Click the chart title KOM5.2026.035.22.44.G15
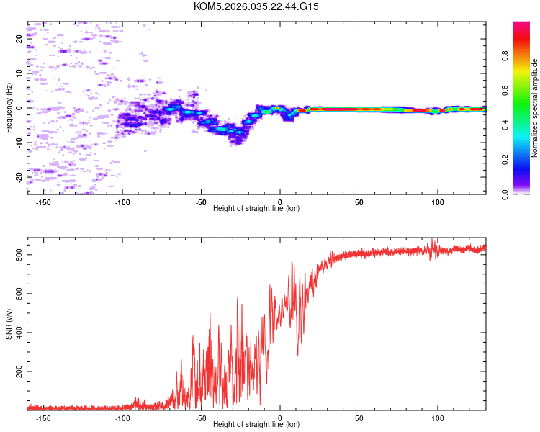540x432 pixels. tap(256, 6)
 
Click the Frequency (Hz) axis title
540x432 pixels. tap(9, 108)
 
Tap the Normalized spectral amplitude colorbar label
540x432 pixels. tap(535, 108)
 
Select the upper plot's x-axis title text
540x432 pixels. tap(256, 208)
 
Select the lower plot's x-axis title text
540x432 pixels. tap(256, 424)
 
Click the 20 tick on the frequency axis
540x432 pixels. tap(19, 39)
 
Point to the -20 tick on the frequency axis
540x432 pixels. tap(19, 176)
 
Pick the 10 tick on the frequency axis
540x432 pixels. tap(19, 73)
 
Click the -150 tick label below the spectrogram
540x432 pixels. tap(43, 202)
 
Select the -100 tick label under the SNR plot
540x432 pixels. tap(122, 418)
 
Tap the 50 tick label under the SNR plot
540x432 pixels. tap(359, 418)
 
